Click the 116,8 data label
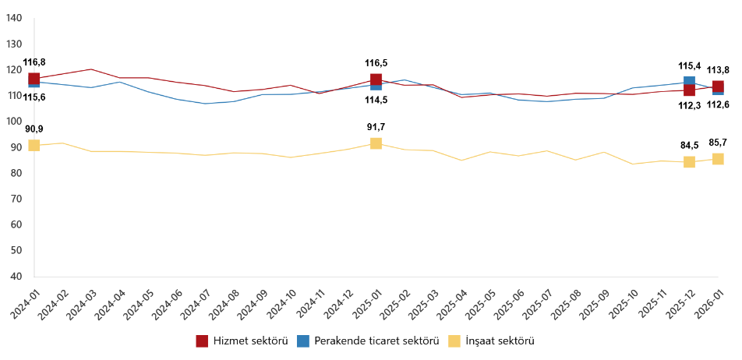pyautogui.click(x=34, y=62)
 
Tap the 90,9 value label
pyautogui.click(x=34, y=129)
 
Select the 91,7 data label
pyautogui.click(x=376, y=127)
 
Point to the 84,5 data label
pyautogui.click(x=690, y=122)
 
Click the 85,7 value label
pyautogui.click(x=718, y=121)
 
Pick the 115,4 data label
pyautogui.click(x=690, y=66)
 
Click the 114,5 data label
pyautogui.click(x=376, y=100)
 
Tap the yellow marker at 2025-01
pyautogui.click(x=376, y=143)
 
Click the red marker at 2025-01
pyautogui.click(x=376, y=79)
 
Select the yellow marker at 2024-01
pyautogui.click(x=34, y=146)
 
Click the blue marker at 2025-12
pyautogui.click(x=690, y=81)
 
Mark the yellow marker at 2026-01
pyautogui.click(x=718, y=159)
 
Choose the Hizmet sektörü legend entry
pyautogui.click(x=242, y=341)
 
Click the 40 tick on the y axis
pyautogui.click(x=16, y=277)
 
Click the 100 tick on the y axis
pyautogui.click(x=13, y=122)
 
